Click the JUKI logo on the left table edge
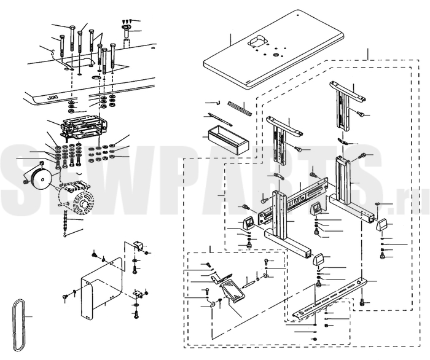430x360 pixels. [51, 98]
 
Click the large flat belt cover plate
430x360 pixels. [101, 289]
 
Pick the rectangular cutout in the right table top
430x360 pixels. [257, 41]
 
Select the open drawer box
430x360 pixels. [228, 139]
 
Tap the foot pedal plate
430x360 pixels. [232, 292]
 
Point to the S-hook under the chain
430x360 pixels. [65, 235]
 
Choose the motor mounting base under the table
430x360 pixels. [82, 127]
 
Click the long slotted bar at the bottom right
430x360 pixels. [329, 298]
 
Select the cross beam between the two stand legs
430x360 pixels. [293, 200]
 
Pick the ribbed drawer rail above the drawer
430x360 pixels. [240, 108]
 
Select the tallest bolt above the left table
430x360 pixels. [72, 39]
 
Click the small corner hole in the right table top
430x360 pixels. [298, 15]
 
